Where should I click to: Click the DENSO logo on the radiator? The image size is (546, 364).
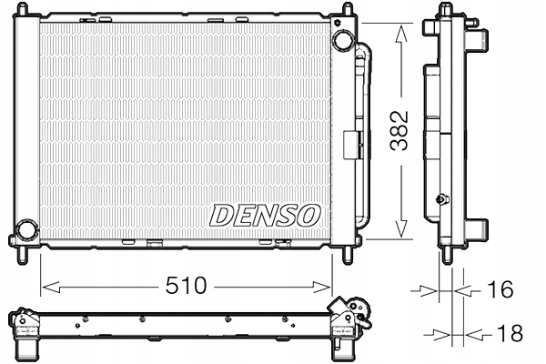[265, 215]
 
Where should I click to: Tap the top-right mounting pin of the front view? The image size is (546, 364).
[347, 10]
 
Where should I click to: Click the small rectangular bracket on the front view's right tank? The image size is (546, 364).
[349, 146]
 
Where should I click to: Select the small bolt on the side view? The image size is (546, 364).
[442, 199]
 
